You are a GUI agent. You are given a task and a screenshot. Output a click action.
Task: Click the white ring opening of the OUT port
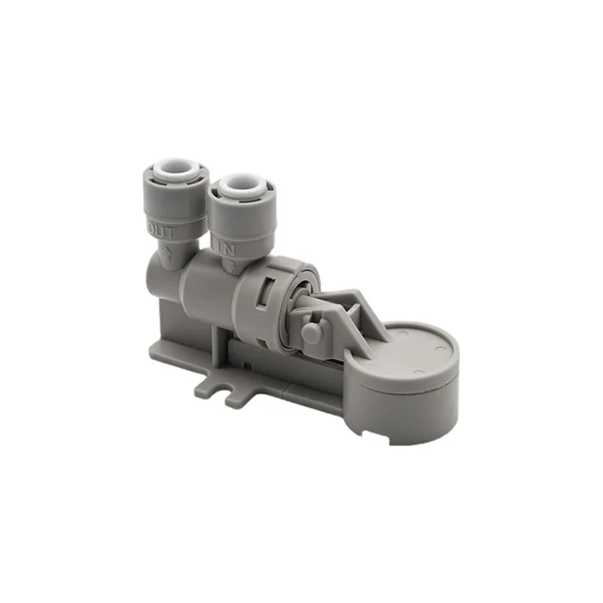[x=174, y=173]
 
